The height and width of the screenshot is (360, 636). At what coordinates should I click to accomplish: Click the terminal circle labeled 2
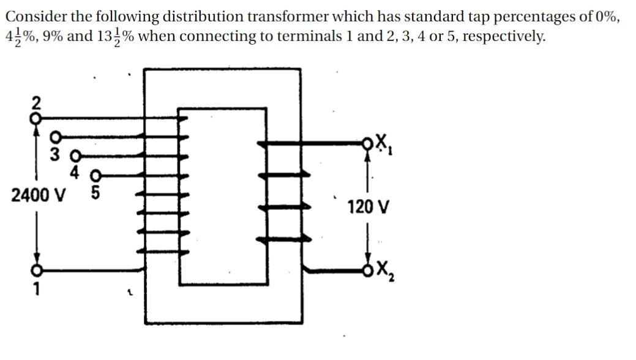tap(36, 114)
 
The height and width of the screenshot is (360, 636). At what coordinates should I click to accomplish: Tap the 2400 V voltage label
tap(39, 196)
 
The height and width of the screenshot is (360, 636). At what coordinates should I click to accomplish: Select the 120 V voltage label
tap(367, 207)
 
